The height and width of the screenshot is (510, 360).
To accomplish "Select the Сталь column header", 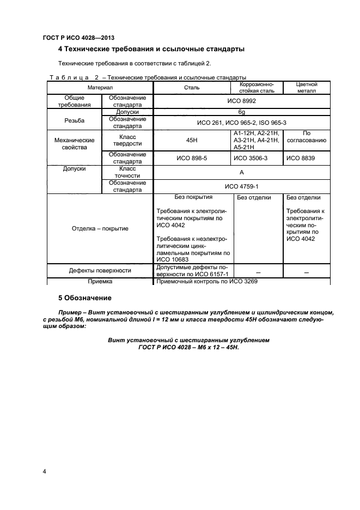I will click(192, 88).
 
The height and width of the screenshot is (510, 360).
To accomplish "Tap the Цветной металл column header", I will click(306, 88).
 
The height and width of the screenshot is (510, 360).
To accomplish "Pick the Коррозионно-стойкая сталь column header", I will click(257, 88).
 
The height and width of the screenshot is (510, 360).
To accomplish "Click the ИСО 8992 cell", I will click(241, 101).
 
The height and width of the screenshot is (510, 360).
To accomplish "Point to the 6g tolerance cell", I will click(241, 112).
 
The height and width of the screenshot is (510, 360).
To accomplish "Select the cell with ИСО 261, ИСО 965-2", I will click(241, 123).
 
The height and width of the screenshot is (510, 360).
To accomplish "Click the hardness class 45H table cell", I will click(192, 140).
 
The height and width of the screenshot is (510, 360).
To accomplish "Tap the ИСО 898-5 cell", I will click(192, 158).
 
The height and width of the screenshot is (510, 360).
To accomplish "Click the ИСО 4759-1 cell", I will click(241, 186).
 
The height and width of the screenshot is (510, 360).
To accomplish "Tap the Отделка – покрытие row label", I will click(100, 228).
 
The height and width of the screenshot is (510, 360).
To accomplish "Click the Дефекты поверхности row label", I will click(100, 270).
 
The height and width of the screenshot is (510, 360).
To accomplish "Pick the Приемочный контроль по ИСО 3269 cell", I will click(206, 282).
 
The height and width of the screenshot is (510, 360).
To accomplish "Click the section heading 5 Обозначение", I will click(84, 298).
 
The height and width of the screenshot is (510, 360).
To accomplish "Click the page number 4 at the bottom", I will click(44, 471).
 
